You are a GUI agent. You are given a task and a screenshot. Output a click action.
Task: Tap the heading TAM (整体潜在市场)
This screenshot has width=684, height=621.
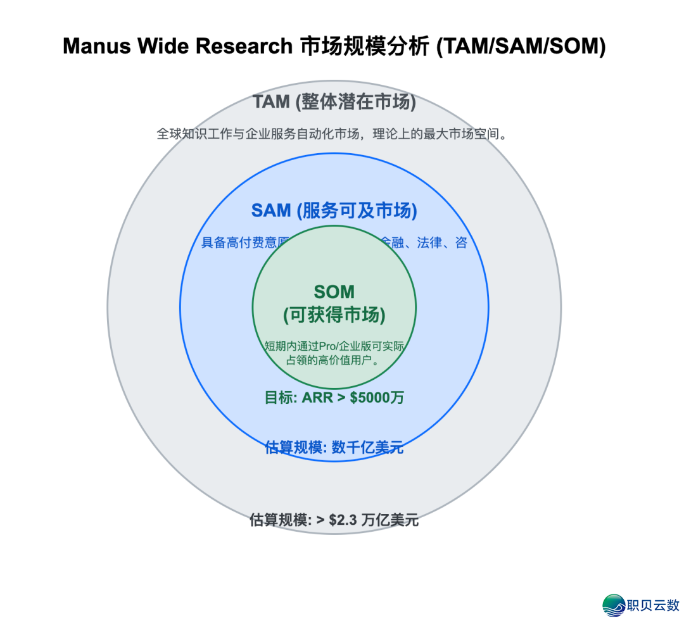coord(334,102)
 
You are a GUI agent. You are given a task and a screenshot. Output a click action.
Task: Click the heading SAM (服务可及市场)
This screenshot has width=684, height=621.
coord(334,211)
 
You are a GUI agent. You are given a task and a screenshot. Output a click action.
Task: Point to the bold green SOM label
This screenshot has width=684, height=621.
coord(334,292)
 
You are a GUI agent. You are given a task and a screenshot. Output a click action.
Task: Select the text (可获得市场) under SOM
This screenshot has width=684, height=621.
coord(334,315)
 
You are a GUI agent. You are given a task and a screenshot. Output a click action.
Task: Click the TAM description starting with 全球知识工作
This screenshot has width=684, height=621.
coord(334,134)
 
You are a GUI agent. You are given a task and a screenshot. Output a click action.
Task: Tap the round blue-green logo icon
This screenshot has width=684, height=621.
coord(613,605)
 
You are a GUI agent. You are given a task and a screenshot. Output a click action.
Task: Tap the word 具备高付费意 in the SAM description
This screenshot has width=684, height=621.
coord(239,243)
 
